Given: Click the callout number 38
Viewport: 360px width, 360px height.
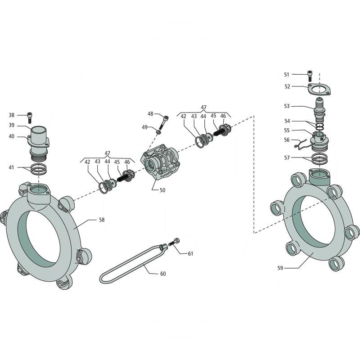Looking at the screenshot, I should (x=12, y=115).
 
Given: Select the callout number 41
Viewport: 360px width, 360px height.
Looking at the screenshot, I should (x=12, y=167).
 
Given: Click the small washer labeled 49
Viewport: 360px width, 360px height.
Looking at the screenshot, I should (x=159, y=131).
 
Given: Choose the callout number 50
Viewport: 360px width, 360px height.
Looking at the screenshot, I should (x=162, y=190).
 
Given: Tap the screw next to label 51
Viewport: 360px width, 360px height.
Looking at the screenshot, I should (x=309, y=75).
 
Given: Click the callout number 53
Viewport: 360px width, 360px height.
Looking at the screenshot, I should (x=287, y=106).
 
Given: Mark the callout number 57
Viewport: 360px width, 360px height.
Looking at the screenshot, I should (x=287, y=157).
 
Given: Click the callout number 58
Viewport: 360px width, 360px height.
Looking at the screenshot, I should (x=102, y=220).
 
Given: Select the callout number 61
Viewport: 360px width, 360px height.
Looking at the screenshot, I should (x=190, y=254).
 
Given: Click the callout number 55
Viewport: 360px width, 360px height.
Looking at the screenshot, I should (x=287, y=130).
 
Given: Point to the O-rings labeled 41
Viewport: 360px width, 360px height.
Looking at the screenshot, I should (x=38, y=170).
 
